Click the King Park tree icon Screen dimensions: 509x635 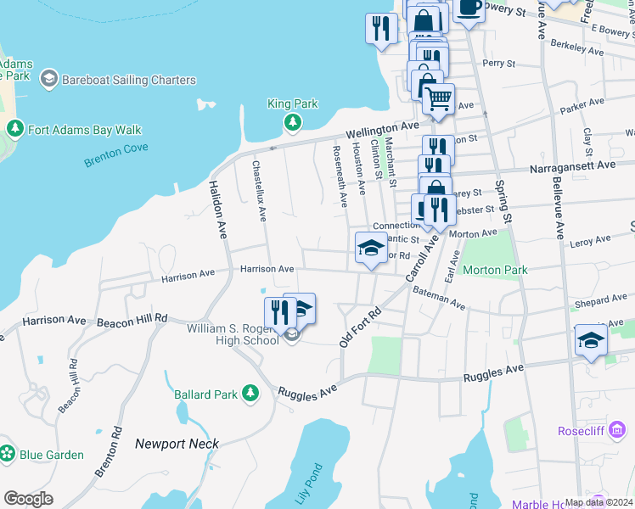(x=293, y=123)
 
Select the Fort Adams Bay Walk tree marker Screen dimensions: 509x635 (x=14, y=130)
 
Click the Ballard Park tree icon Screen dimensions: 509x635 (x=250, y=394)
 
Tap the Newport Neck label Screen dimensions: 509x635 (x=177, y=444)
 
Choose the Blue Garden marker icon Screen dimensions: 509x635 (x=8, y=454)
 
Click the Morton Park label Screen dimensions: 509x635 (x=495, y=271)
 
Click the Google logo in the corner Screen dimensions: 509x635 (x=28, y=498)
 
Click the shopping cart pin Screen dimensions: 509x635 (x=438, y=99)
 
